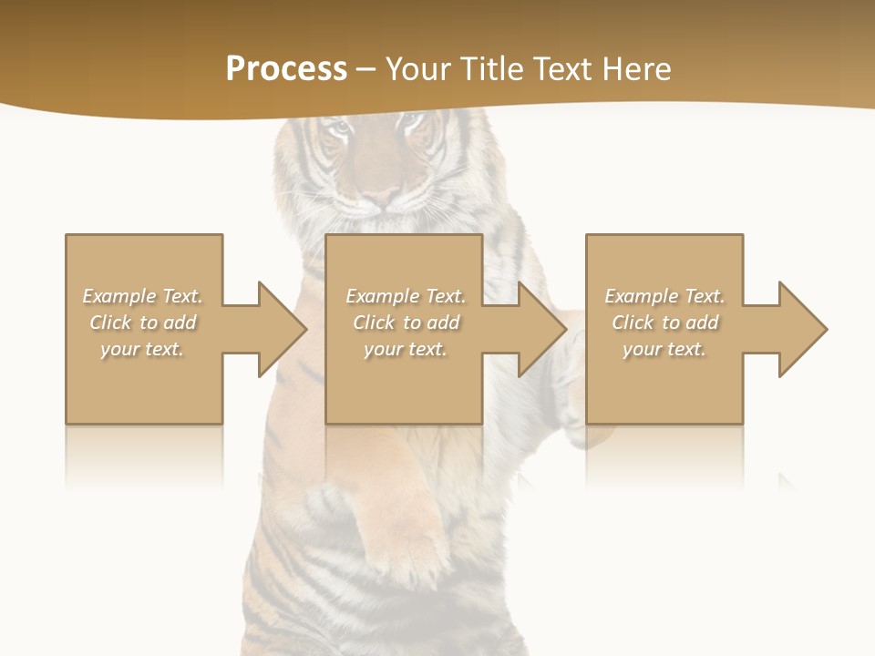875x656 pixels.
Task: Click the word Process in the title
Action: point(286,69)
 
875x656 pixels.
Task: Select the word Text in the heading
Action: point(564,69)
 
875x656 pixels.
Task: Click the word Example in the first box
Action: point(118,296)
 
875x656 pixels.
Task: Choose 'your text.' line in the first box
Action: point(142,349)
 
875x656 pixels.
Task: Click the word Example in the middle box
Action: point(382,296)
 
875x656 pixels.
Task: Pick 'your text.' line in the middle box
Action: point(405,349)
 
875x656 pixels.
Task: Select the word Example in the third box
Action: point(641,296)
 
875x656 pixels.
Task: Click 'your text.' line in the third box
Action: point(664,349)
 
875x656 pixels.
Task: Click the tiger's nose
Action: point(381,196)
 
